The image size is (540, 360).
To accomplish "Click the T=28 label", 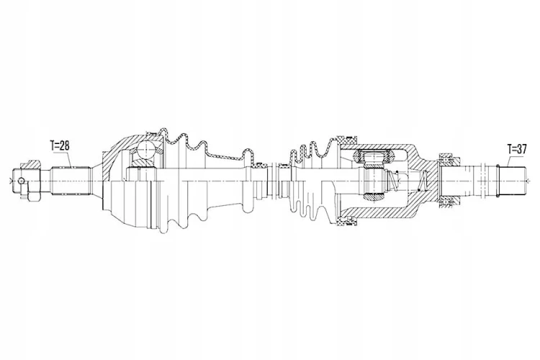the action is click(60, 146).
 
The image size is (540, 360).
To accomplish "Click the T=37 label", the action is click(517, 149).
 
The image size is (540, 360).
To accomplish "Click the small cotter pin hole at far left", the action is click(22, 180).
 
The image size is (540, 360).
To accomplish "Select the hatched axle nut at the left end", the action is click(32, 164).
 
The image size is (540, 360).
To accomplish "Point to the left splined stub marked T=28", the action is click(71, 181).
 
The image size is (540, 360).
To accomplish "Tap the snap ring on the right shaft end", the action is click(498, 180).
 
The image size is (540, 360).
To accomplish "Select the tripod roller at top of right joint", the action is click(374, 158).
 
